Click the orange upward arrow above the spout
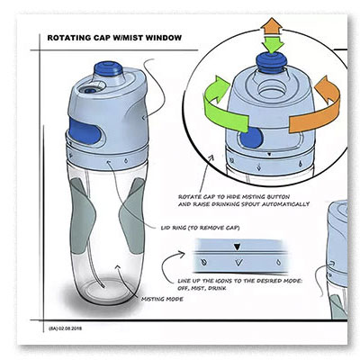[x=272, y=26]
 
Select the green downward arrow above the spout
[x=272, y=44]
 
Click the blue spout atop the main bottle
[x=108, y=69]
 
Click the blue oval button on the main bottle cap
[x=85, y=130]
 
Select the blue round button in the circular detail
[x=251, y=138]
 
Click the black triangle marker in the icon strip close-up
[x=238, y=247]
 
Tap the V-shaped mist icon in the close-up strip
[x=238, y=263]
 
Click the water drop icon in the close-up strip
[x=279, y=263]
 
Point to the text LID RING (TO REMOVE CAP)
[x=201, y=228]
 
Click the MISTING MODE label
[x=162, y=299]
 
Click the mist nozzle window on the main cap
[x=90, y=89]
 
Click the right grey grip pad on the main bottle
[x=132, y=216]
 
